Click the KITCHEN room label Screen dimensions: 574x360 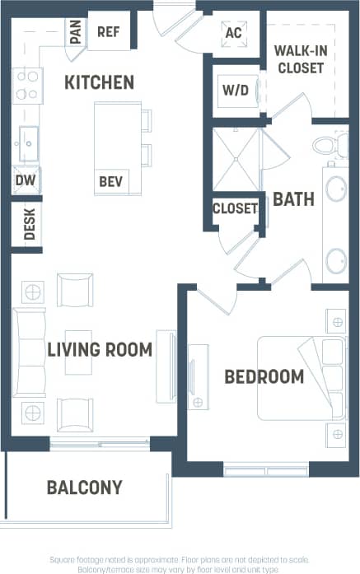click(x=99, y=82)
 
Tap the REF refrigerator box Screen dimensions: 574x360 click(x=108, y=32)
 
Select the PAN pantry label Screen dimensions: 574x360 click(x=76, y=32)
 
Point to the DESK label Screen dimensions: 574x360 click(x=29, y=223)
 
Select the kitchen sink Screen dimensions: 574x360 click(x=27, y=144)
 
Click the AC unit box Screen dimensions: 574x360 click(x=233, y=34)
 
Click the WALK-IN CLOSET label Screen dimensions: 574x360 click(x=300, y=58)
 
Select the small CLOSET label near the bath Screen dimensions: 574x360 click(x=235, y=208)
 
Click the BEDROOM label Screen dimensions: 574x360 click(x=264, y=376)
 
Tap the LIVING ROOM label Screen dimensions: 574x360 click(x=99, y=349)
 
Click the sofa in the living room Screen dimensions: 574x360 click(x=29, y=353)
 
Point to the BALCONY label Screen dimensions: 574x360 click(x=84, y=487)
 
